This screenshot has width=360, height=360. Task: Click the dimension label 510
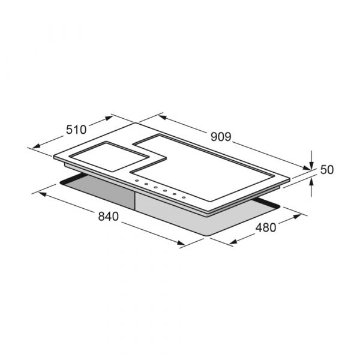(x=76, y=130)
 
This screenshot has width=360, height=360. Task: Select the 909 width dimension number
(x=221, y=137)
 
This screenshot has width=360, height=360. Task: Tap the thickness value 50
(x=327, y=170)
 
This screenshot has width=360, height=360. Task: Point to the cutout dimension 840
(x=109, y=217)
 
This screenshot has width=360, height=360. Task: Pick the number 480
(x=266, y=228)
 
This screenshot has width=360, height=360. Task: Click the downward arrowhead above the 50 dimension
(x=311, y=165)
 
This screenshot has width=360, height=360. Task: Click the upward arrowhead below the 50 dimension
(x=311, y=182)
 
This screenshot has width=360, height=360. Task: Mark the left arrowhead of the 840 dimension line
(x=42, y=194)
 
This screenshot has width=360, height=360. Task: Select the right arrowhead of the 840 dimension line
(x=181, y=243)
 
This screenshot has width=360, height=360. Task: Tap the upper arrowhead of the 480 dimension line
(x=297, y=216)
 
